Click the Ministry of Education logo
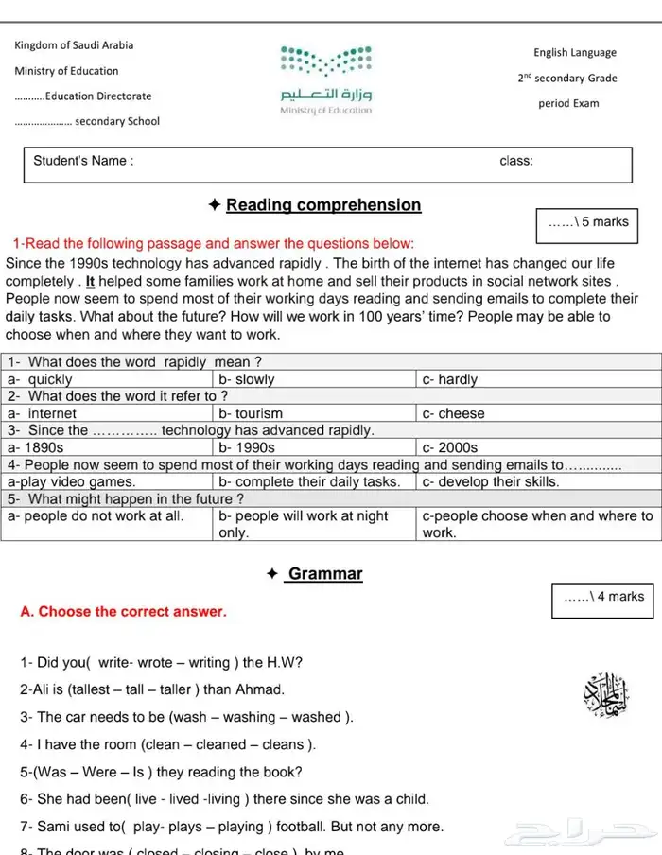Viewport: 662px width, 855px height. click(x=326, y=79)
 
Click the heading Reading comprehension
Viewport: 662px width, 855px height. click(x=323, y=205)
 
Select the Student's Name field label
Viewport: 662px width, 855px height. click(x=83, y=161)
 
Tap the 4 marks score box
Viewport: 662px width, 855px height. click(x=603, y=597)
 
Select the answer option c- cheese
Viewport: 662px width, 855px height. click(x=453, y=413)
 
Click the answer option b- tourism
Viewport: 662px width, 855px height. click(x=251, y=413)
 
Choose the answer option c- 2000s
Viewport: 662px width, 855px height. click(x=450, y=447)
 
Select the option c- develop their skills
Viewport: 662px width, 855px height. click(x=490, y=481)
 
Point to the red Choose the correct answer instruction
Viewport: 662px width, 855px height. click(x=123, y=612)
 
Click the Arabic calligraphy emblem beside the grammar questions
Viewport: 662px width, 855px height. click(x=605, y=698)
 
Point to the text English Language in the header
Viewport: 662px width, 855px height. click(x=574, y=53)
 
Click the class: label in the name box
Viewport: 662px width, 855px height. click(x=515, y=161)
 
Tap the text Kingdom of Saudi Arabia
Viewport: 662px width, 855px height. click(x=74, y=45)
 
